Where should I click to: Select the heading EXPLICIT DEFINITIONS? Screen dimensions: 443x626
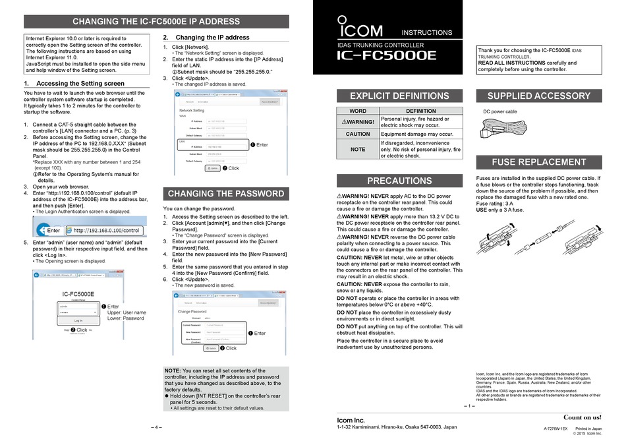pos(399,96)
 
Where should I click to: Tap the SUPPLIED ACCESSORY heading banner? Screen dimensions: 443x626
pos(539,96)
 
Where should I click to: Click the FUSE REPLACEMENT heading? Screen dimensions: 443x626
pos(539,162)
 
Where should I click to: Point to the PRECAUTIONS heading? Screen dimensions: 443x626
pos(399,181)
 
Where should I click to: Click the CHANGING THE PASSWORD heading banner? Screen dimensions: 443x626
pos(227,194)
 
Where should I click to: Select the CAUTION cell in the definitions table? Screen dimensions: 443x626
pos(358,133)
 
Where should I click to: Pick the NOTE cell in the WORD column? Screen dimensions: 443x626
pos(358,149)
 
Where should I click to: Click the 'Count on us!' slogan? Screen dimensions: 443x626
pos(582,417)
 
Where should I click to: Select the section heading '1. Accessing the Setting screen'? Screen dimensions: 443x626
pos(74,84)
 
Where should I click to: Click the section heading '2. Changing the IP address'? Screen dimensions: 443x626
pos(206,38)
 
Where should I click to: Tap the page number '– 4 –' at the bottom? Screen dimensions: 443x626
pos(156,427)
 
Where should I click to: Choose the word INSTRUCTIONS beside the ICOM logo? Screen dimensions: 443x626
pos(427,32)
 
